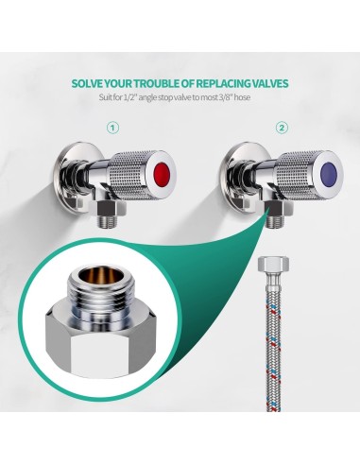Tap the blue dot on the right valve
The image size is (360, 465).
tap(330, 172)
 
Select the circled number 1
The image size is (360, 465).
tap(113, 128)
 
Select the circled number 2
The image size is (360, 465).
tap(282, 128)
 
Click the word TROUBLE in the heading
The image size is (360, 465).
tap(158, 84)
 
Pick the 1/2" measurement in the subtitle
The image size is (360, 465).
tap(129, 97)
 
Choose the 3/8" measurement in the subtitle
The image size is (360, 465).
tap(225, 97)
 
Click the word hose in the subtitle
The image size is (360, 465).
tap(243, 97)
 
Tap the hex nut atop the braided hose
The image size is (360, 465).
tap(273, 264)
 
